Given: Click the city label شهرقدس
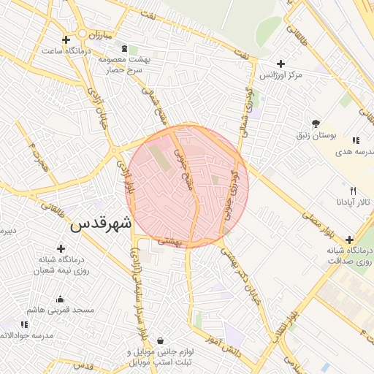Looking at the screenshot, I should coord(102,224).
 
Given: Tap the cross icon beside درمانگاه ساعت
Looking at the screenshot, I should coord(66,39).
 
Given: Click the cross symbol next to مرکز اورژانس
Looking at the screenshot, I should coord(282,64).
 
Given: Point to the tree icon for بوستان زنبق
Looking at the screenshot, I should coord(316,123).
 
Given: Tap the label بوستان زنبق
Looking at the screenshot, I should coord(316,135).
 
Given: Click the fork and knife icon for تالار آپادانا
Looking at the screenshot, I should coord(353,189).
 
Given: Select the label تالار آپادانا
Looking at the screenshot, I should coord(354,201).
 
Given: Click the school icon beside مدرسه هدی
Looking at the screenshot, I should coord(356,140).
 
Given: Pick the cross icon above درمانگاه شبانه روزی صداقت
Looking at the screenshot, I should coord(349,240).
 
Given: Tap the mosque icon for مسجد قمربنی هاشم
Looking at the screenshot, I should coord(60,299).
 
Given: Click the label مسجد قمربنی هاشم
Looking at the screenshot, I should coord(62,310).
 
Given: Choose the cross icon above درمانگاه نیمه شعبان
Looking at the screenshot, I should coord(61,248).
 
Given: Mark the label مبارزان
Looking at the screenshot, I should coord(93,34).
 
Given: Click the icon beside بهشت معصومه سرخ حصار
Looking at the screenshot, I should coord(124,49).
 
